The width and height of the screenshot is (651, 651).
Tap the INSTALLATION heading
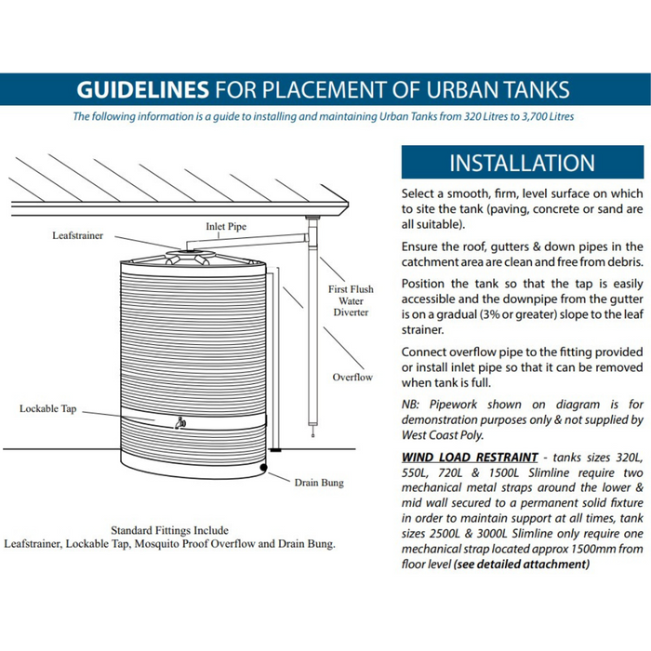tap(521, 163)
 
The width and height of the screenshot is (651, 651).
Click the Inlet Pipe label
tap(226, 226)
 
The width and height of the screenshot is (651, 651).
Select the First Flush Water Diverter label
tap(351, 300)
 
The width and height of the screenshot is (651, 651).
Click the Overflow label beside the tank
tap(352, 377)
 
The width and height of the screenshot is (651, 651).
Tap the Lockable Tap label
tap(48, 409)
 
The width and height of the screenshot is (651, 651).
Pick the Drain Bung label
tap(319, 483)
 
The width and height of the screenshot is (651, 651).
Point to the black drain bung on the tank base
tap(265, 467)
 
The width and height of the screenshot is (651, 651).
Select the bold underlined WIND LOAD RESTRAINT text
tap(470, 458)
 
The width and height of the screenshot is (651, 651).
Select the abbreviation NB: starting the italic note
tap(413, 405)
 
